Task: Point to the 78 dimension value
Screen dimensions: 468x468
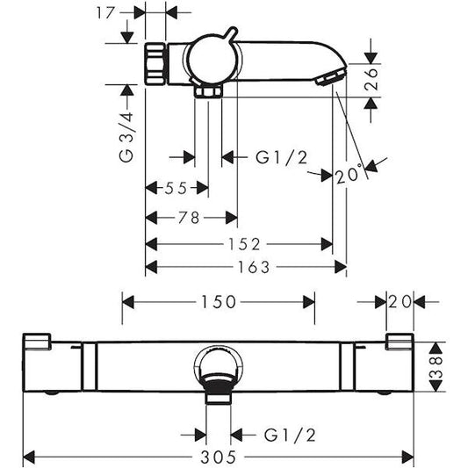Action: (189, 217)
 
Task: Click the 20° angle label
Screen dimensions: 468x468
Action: (349, 176)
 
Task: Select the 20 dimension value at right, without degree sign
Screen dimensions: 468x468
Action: (400, 302)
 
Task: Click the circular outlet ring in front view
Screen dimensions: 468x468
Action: (217, 366)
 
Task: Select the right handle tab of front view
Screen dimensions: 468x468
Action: (398, 342)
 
